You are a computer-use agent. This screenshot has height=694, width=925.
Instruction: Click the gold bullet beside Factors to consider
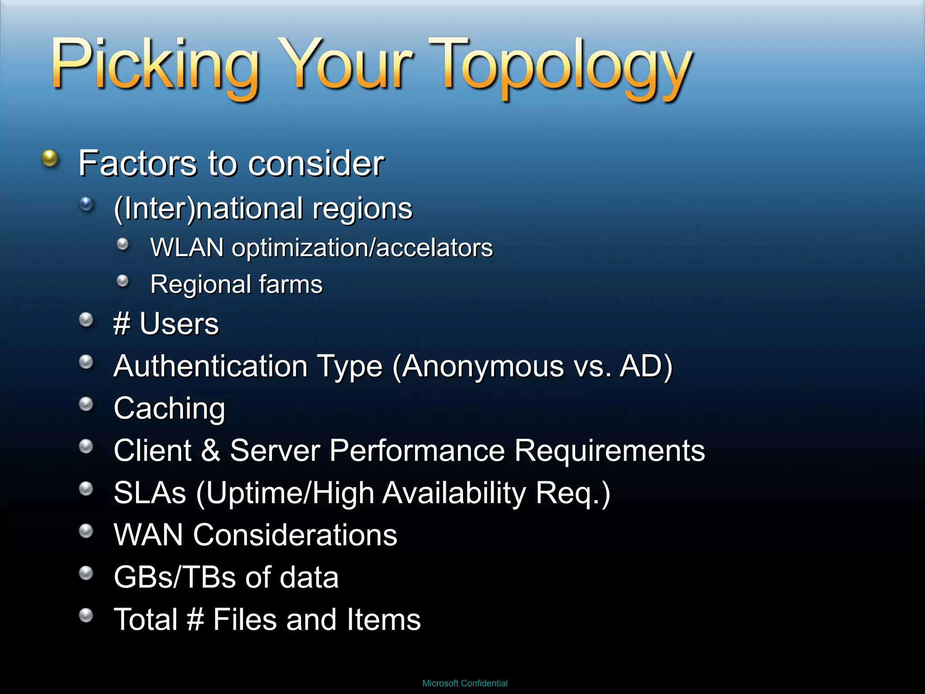(x=50, y=159)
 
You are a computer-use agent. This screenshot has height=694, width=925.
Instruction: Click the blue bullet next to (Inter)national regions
(x=86, y=205)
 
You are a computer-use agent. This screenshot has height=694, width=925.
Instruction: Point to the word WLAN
(x=187, y=248)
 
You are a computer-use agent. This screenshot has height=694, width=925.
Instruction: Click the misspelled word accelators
(x=434, y=248)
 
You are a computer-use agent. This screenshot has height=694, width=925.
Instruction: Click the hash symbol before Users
(x=122, y=324)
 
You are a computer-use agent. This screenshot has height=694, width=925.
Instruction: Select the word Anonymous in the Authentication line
(x=482, y=366)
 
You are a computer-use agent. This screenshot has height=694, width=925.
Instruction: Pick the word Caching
(x=169, y=408)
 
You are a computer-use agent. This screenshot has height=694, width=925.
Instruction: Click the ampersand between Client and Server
(x=210, y=450)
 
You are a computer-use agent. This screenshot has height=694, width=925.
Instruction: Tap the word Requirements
(x=609, y=450)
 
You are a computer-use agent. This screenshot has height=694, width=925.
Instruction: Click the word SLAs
(x=149, y=492)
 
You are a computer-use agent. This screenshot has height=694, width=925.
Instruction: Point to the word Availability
(x=454, y=492)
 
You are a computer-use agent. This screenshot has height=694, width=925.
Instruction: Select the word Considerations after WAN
(x=295, y=535)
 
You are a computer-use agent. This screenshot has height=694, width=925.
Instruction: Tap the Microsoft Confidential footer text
(x=465, y=683)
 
